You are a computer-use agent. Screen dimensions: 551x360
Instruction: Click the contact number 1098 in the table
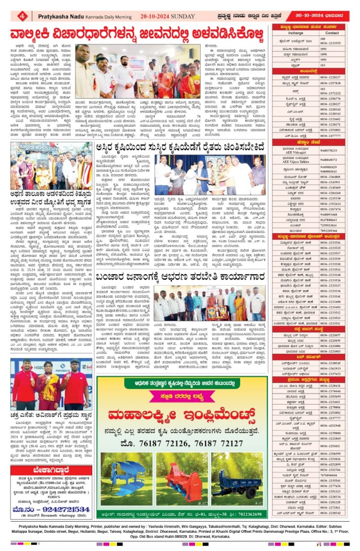point(323,54)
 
